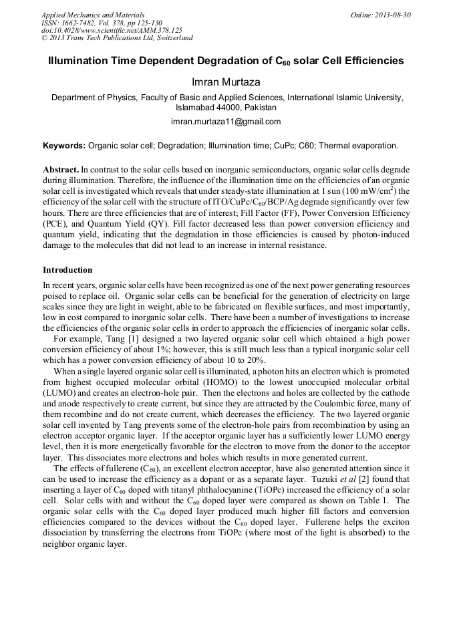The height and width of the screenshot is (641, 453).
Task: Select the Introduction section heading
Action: (x=67, y=270)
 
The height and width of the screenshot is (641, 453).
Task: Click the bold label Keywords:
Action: (x=64, y=145)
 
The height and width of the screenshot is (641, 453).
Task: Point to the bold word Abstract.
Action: (x=61, y=170)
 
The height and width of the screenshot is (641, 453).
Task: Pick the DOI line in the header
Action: (x=112, y=30)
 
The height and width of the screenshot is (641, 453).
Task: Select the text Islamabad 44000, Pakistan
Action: (x=226, y=107)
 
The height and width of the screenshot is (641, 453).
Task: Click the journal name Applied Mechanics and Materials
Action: (x=92, y=14)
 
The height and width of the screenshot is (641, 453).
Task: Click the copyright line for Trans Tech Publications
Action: (x=117, y=38)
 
